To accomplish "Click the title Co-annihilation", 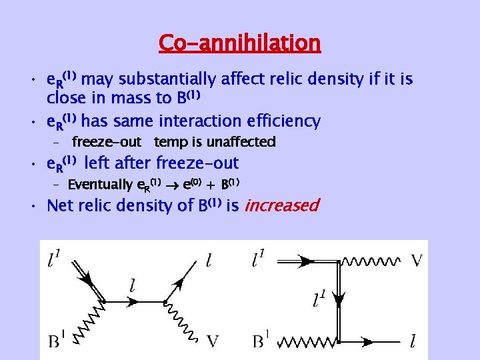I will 240,43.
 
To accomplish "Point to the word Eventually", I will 100,184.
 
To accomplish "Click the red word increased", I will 282,205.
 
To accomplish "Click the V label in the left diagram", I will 213,341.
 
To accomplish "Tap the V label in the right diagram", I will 417,259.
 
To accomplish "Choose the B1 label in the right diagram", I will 261,341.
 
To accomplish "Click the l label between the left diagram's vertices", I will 133,286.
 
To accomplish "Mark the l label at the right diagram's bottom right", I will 413,341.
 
